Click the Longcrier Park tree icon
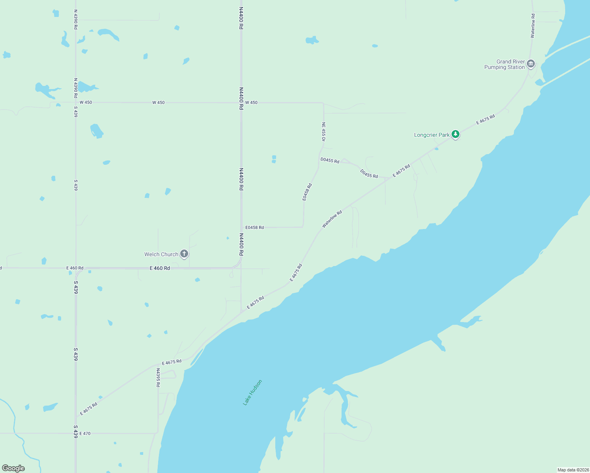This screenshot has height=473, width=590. [456, 134]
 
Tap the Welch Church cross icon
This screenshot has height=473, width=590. [184, 254]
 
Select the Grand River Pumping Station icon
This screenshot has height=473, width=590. [531, 64]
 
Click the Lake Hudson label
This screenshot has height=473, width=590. [252, 392]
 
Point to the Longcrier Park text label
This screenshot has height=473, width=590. [431, 135]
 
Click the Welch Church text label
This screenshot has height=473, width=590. [161, 254]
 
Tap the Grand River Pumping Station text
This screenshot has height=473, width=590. [504, 64]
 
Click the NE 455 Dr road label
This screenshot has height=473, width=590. [323, 132]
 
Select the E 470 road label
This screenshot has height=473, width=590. [85, 434]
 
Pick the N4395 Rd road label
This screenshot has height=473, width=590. [158, 378]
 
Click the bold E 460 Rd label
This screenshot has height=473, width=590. [160, 268]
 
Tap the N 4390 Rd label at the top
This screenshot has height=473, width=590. [75, 20]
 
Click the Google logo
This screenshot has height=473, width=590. [13, 468]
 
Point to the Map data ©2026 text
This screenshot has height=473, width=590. [573, 470]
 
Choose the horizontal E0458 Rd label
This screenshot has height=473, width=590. [254, 227]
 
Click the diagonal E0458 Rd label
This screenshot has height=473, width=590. [307, 192]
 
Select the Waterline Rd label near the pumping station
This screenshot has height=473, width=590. [533, 26]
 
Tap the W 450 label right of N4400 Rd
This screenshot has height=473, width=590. [251, 102]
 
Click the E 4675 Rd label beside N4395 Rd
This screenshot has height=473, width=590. [172, 362]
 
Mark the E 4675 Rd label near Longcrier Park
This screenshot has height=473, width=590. [485, 119]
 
